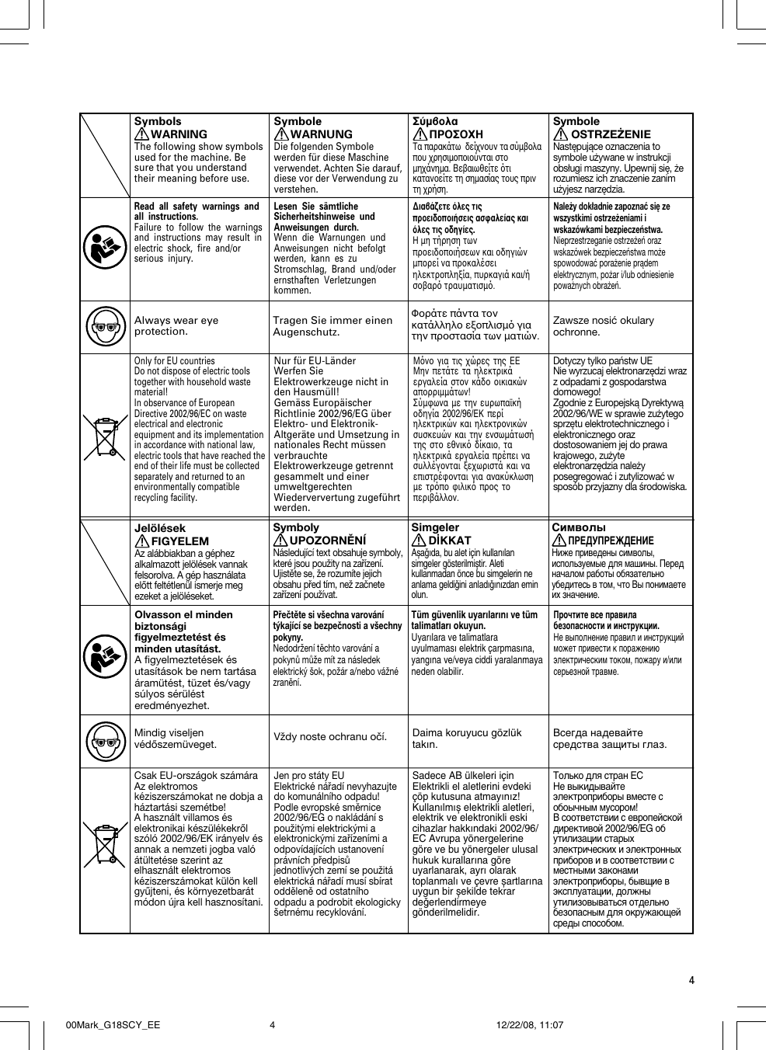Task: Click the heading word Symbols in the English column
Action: tap(158, 121)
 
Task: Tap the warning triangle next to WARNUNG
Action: tap(280, 134)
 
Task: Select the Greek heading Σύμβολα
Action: tap(434, 121)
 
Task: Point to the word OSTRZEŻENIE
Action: tap(611, 134)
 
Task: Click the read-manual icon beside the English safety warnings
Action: tap(104, 249)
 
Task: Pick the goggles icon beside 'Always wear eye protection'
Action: tap(104, 326)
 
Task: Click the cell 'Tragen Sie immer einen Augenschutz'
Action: tap(333, 326)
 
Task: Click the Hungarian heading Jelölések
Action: tap(160, 528)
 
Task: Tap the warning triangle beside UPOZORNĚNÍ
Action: tap(280, 540)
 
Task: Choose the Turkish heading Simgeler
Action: tap(435, 527)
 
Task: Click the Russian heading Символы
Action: tap(580, 527)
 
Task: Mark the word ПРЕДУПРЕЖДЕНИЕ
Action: tap(611, 541)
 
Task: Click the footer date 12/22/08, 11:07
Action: tap(529, 1024)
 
